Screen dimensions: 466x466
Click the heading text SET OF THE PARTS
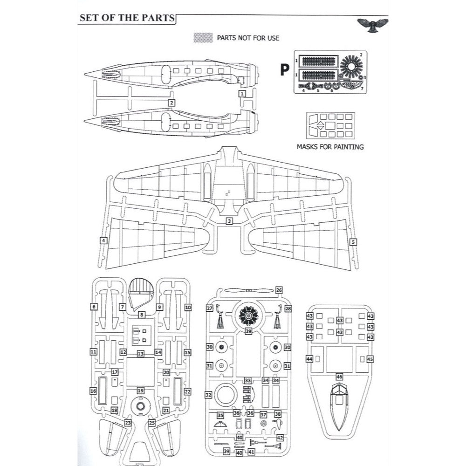click(x=126, y=18)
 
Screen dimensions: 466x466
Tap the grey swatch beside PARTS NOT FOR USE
click(x=202, y=37)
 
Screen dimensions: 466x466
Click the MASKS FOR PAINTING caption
click(x=330, y=147)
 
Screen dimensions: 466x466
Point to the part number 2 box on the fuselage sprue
click(x=171, y=103)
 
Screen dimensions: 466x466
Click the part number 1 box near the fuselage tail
click(x=242, y=94)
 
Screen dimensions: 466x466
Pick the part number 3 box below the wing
click(x=229, y=221)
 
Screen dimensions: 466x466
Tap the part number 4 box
click(x=103, y=240)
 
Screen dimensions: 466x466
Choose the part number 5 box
click(x=353, y=242)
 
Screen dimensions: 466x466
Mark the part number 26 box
click(x=279, y=290)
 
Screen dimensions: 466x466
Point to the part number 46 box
click(x=339, y=376)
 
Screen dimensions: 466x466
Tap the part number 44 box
click(x=309, y=359)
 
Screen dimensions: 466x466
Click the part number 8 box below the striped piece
click(x=141, y=315)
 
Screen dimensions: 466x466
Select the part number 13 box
click(x=140, y=354)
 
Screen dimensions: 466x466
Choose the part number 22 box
click(x=187, y=392)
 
